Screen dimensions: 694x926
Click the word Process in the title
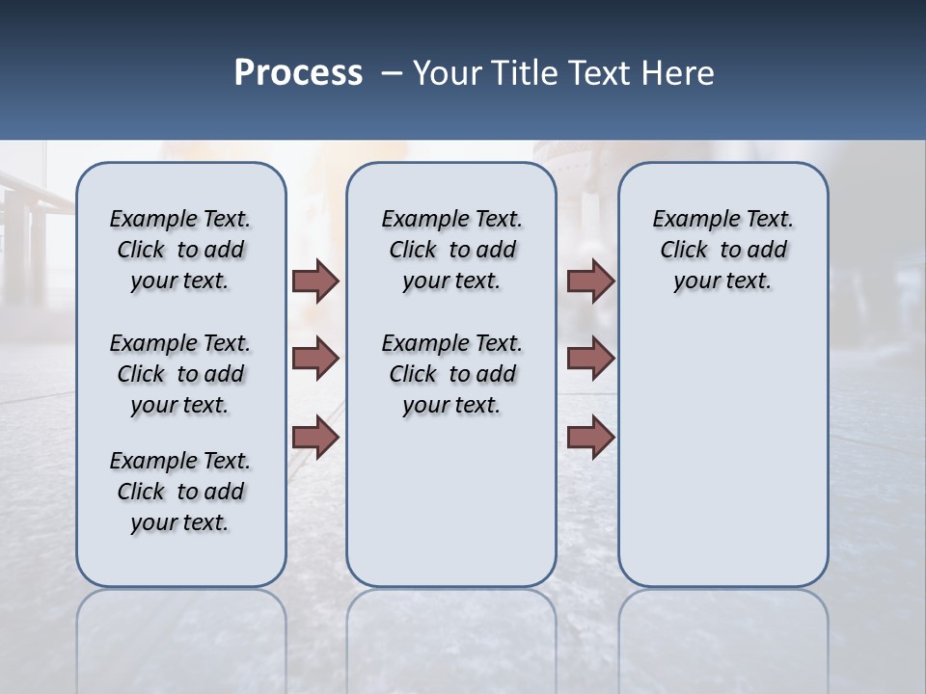298,73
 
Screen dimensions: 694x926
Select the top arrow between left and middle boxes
315,280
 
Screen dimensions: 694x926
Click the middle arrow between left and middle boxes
315,359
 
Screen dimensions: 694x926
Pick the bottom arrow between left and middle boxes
315,438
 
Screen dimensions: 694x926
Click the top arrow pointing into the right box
590,280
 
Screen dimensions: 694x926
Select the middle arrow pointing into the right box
590,359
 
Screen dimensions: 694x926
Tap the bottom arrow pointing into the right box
590,438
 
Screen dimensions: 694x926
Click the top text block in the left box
180,250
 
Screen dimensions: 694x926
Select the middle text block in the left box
180,374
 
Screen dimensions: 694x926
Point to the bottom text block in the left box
180,492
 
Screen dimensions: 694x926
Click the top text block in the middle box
451,250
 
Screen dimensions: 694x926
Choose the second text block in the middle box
451,374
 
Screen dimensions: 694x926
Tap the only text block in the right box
722,250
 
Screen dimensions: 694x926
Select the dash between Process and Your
391,73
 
